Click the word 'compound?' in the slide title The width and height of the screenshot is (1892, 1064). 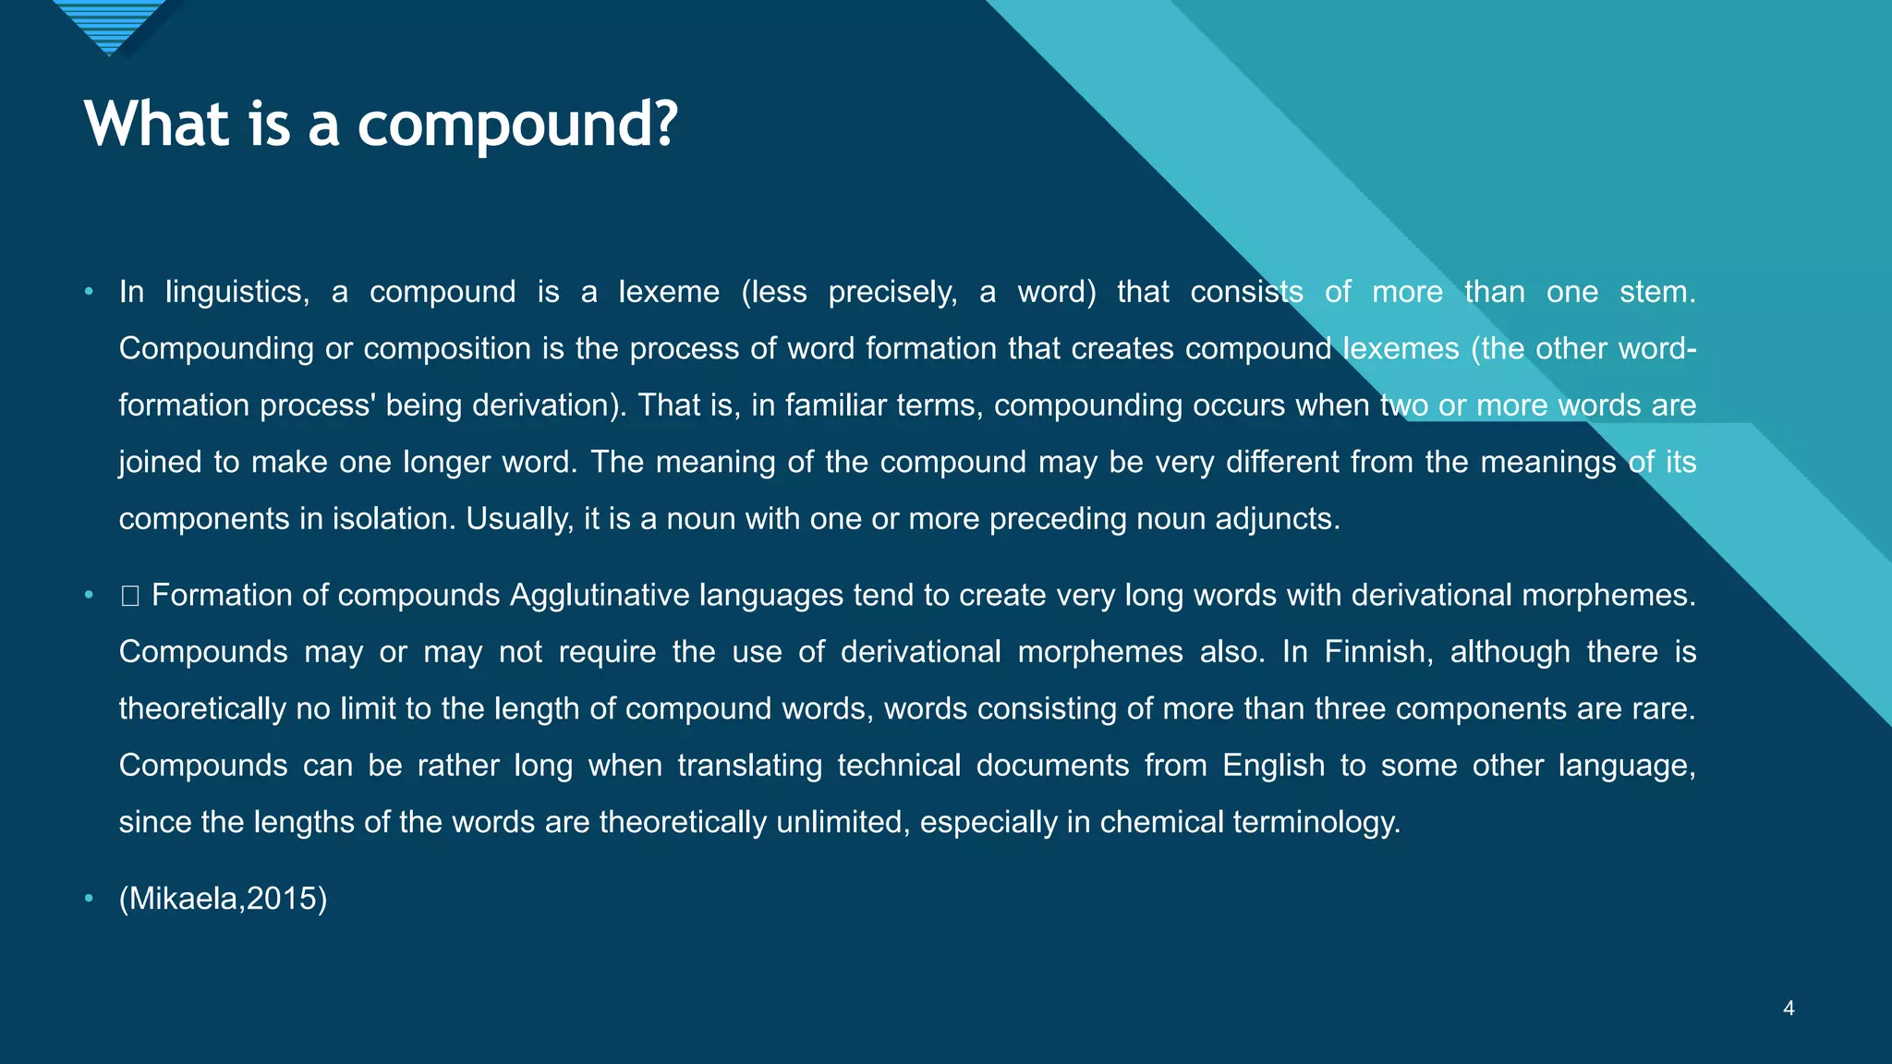pyautogui.click(x=517, y=126)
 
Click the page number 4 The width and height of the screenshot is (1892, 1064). pyautogui.click(x=1789, y=1009)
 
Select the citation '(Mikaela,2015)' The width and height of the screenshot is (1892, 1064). pyautogui.click(x=223, y=898)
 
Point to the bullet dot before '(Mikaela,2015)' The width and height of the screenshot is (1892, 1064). pyautogui.click(x=89, y=898)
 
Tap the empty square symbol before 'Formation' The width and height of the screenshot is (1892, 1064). pyautogui.click(x=129, y=596)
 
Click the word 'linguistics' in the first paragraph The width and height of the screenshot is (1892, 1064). pyautogui.click(x=236, y=292)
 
